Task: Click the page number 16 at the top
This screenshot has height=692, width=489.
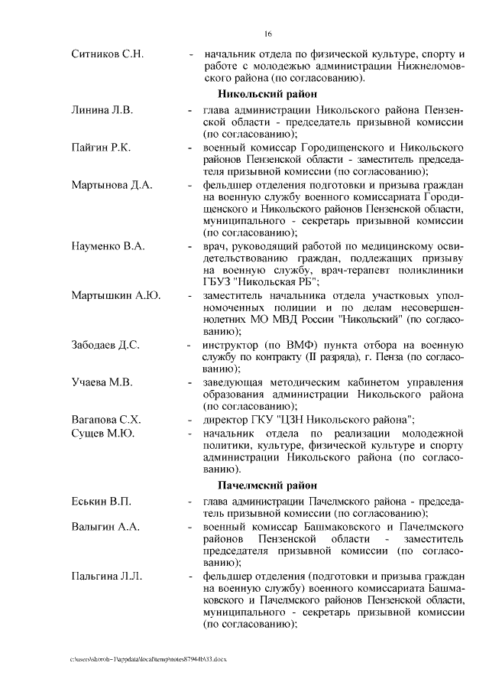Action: [268, 34]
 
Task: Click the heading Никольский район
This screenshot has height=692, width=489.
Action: [267, 95]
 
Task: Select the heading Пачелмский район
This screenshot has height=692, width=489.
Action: [267, 486]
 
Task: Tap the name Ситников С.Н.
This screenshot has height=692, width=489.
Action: [108, 54]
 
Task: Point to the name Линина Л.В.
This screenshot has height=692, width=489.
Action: [102, 110]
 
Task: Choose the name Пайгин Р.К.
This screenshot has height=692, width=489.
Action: [100, 147]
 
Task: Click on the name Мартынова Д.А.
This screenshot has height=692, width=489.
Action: [112, 184]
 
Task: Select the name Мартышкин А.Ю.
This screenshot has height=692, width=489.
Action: [115, 295]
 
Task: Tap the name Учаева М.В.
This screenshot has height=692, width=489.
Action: [102, 382]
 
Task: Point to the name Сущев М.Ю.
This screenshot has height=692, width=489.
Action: [102, 434]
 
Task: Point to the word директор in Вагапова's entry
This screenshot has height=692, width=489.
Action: [227, 419]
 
